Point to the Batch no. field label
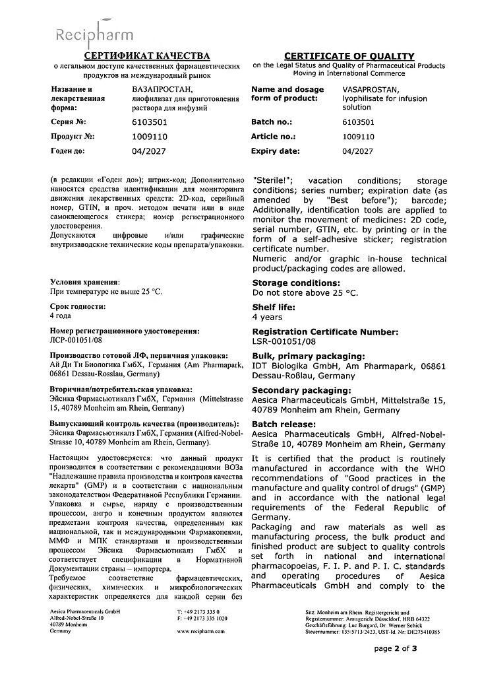click(x=272, y=122)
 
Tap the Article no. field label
click(x=274, y=137)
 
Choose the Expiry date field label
click(x=276, y=151)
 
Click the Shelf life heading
click(x=274, y=307)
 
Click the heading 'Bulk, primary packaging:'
click(x=309, y=355)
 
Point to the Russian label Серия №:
click(x=69, y=122)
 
